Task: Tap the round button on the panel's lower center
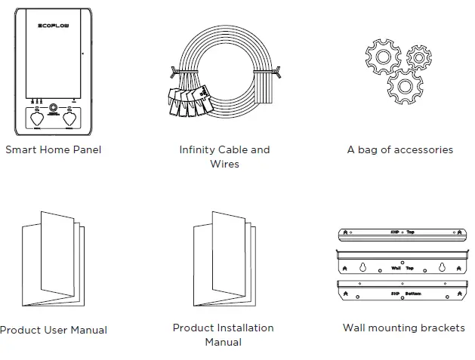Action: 53,109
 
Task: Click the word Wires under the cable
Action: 224,164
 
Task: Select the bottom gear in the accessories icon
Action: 404,86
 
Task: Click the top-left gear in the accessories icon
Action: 384,56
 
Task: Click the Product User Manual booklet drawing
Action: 51,260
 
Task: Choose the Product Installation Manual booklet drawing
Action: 224,260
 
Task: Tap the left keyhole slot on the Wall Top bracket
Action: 363,266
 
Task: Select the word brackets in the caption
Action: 442,328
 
